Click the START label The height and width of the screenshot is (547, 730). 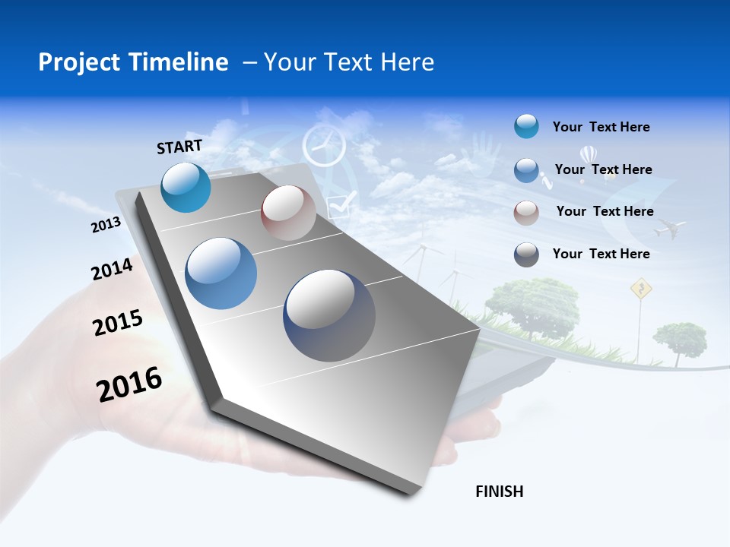pyautogui.click(x=179, y=147)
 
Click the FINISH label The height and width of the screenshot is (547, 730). pyautogui.click(x=500, y=492)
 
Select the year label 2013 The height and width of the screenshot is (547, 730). pyautogui.click(x=106, y=225)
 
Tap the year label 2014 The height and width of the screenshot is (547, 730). pyautogui.click(x=112, y=269)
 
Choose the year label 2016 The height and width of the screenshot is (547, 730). pyautogui.click(x=129, y=384)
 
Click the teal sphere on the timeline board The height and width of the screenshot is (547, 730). pyautogui.click(x=186, y=187)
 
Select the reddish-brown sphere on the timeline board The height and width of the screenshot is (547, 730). pyautogui.click(x=288, y=213)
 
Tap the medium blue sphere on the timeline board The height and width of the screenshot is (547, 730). pyautogui.click(x=221, y=273)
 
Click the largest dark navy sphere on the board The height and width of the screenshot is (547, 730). pyautogui.click(x=329, y=315)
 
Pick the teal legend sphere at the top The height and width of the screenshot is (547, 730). pyautogui.click(x=526, y=127)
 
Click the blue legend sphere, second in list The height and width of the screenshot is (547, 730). pyautogui.click(x=526, y=170)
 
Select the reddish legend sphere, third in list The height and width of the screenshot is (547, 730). pyautogui.click(x=526, y=212)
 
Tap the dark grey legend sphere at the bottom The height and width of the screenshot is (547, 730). pyautogui.click(x=526, y=255)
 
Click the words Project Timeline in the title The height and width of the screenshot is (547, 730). pyautogui.click(x=133, y=62)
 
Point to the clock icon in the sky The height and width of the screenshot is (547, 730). pyautogui.click(x=324, y=146)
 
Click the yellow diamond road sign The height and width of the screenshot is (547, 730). pyautogui.click(x=642, y=288)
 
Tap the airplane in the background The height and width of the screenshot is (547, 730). pyautogui.click(x=669, y=227)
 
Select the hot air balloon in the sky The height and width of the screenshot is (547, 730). pyautogui.click(x=588, y=158)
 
